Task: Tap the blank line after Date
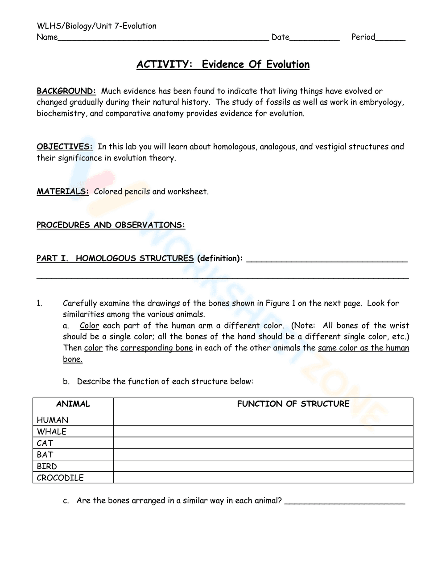(x=314, y=38)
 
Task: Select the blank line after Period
(x=390, y=38)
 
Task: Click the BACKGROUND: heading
(x=66, y=91)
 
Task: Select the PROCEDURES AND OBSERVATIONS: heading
(x=111, y=225)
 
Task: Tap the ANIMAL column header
(x=73, y=404)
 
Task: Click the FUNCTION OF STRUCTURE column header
(x=293, y=404)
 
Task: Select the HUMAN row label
(x=53, y=420)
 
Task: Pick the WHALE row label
(x=52, y=432)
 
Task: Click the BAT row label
(x=45, y=455)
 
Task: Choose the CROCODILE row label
(x=60, y=478)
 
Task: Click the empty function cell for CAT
(x=263, y=443)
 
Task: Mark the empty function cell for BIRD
(x=263, y=466)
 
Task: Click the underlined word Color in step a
(x=89, y=326)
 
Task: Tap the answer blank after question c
(x=344, y=502)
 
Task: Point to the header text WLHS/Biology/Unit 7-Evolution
(x=96, y=26)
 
